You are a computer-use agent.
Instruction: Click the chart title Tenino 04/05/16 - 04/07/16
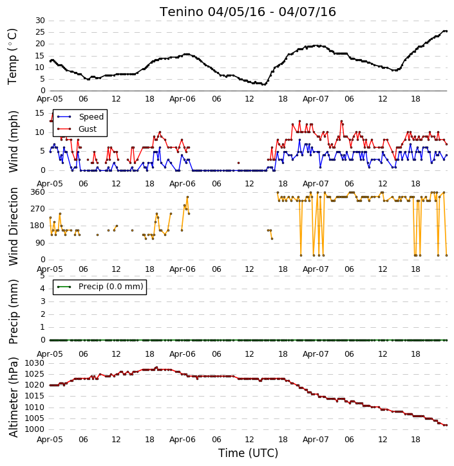(x=248, y=12)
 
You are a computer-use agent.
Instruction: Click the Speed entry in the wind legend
(x=91, y=117)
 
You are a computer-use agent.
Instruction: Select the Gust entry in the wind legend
(x=88, y=129)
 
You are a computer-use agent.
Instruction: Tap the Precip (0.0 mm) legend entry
(x=111, y=287)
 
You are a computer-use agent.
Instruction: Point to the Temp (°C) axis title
(x=12, y=57)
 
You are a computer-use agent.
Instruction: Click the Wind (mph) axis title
(x=14, y=141)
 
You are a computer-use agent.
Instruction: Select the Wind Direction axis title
(x=14, y=226)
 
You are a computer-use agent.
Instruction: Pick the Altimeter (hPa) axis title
(x=14, y=397)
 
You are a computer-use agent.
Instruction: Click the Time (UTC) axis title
(x=248, y=453)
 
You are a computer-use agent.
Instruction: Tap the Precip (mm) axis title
(x=14, y=312)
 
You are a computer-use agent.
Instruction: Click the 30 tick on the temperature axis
(x=40, y=21)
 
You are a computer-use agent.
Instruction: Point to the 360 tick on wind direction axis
(x=38, y=192)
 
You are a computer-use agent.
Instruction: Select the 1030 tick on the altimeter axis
(x=34, y=363)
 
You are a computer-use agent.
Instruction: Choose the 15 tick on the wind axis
(x=40, y=113)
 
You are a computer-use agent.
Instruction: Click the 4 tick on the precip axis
(x=43, y=289)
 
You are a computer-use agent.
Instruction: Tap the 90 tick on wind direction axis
(x=40, y=243)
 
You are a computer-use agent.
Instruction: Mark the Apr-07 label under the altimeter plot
(x=316, y=439)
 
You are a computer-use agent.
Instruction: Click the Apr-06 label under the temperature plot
(x=182, y=99)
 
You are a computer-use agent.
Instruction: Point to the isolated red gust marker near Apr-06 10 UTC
(x=238, y=163)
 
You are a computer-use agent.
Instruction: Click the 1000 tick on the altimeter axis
(x=34, y=429)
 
